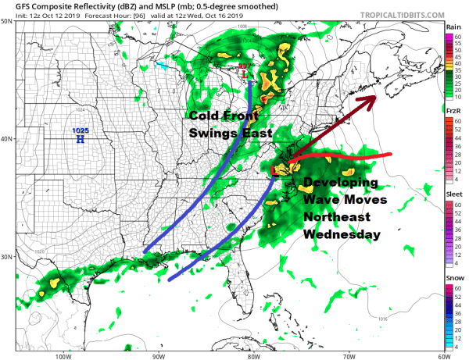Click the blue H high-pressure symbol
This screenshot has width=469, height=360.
tap(80, 139)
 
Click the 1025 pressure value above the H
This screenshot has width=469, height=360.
tap(80, 130)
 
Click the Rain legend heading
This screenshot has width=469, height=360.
tap(454, 27)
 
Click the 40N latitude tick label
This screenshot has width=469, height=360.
tap(6, 139)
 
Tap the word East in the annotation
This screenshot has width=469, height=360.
tap(256, 134)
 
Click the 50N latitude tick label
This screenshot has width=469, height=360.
tap(6, 22)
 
